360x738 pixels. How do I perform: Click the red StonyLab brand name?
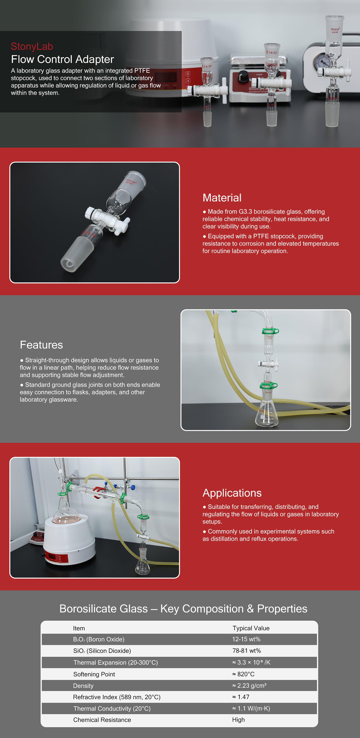click(x=32, y=46)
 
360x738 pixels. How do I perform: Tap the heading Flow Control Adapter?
click(x=62, y=59)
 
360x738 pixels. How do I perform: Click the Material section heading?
click(x=222, y=198)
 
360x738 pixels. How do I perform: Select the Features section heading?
click(x=41, y=345)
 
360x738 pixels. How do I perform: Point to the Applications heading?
click(x=232, y=493)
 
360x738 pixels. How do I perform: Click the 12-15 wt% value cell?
click(x=246, y=639)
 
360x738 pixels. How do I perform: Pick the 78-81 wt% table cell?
click(x=247, y=651)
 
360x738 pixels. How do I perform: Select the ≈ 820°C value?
click(x=243, y=674)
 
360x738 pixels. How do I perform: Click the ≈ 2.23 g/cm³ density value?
click(x=249, y=686)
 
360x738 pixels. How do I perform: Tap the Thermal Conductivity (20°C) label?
click(x=112, y=708)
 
